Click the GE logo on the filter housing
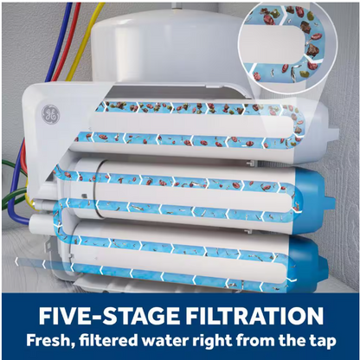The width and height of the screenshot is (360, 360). tap(50, 113)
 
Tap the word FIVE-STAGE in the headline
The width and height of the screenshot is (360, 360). tap(109, 316)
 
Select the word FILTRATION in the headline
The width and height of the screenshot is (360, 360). tap(254, 316)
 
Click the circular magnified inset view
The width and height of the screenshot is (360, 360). tap(286, 48)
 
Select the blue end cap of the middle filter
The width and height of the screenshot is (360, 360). tap(314, 196)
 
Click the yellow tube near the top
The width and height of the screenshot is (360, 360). tap(84, 41)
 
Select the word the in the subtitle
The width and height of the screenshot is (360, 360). tap(292, 340)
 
